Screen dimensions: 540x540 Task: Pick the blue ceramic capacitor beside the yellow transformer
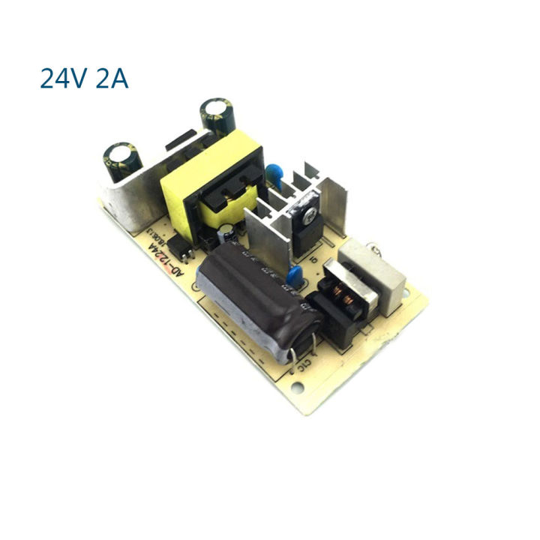coord(279,174)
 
